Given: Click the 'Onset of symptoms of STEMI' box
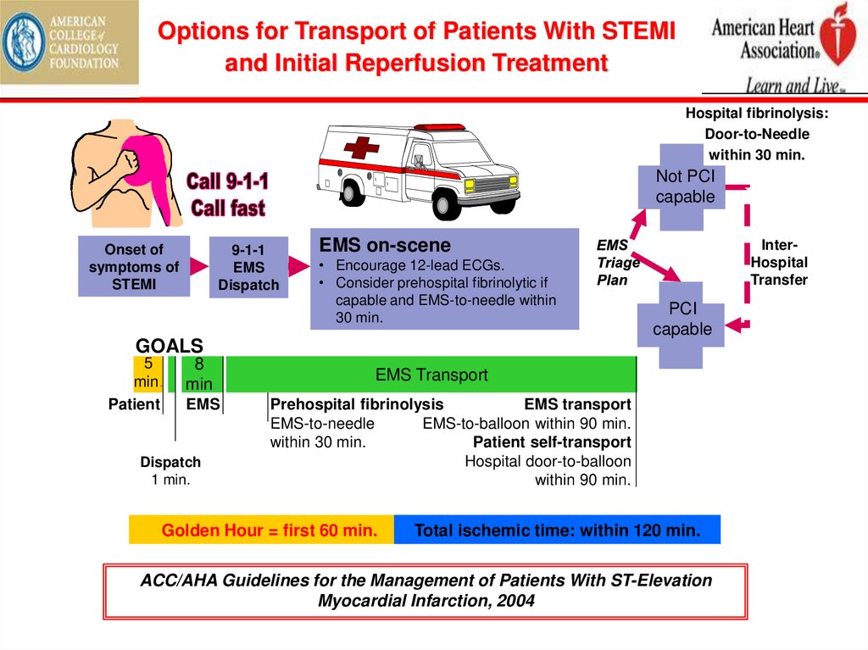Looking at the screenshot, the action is pyautogui.click(x=134, y=266).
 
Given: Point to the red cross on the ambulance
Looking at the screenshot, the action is pyautogui.click(x=361, y=149).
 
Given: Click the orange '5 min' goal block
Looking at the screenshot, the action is pyautogui.click(x=146, y=373).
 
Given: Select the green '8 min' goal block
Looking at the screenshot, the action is pyautogui.click(x=199, y=374).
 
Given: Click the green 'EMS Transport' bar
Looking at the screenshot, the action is pyautogui.click(x=431, y=375).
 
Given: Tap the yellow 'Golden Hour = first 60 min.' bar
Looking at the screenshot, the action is pyautogui.click(x=262, y=531).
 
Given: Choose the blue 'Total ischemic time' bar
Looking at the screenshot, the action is pyautogui.click(x=557, y=531).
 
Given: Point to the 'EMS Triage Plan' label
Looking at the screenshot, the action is pyautogui.click(x=617, y=263).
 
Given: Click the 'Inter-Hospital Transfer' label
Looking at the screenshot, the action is pyautogui.click(x=779, y=263).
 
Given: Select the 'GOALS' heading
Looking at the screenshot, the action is pyautogui.click(x=170, y=346).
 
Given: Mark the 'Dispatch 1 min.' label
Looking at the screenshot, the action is pyautogui.click(x=170, y=470).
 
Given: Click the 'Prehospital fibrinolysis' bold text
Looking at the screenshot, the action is pyautogui.click(x=356, y=404).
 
